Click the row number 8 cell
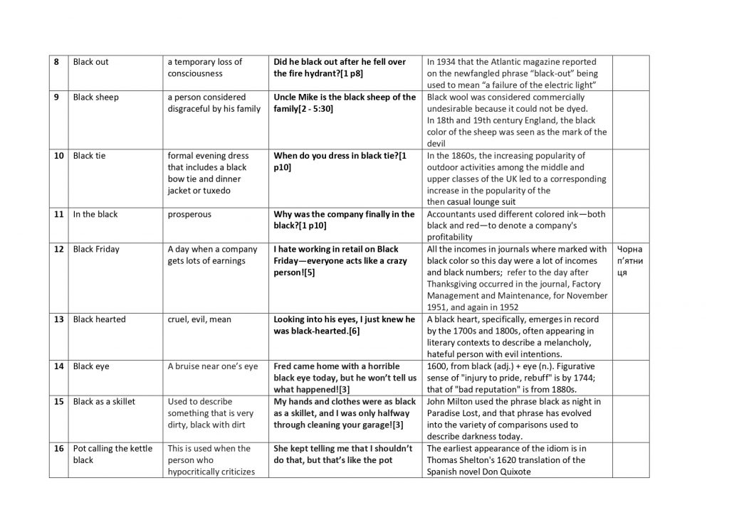tap(58, 62)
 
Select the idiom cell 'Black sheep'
tap(95, 97)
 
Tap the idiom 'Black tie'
tap(89, 156)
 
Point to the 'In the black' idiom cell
tap(96, 214)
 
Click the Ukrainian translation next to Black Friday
tap(630, 260)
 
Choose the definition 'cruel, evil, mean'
tap(199, 319)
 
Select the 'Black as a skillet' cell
tap(104, 401)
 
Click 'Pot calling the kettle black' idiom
tap(112, 454)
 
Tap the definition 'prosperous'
tap(189, 214)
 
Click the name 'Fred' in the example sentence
tap(284, 366)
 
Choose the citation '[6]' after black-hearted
tap(359, 331)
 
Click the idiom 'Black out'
tap(90, 62)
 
